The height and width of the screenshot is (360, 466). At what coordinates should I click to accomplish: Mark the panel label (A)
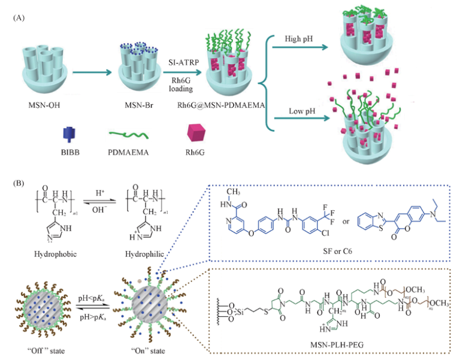(19, 17)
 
